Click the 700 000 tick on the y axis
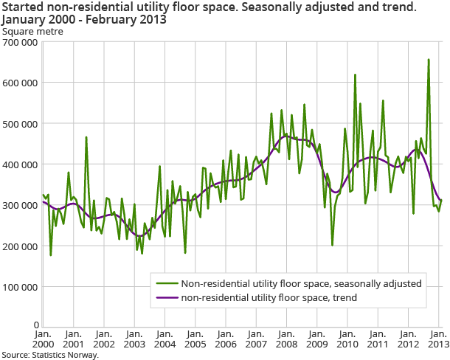click(x=20, y=43)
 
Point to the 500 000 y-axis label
click(x=20, y=123)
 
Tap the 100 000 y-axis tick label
click(x=20, y=285)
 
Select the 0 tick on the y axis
click(x=35, y=325)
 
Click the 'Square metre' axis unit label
click(x=32, y=32)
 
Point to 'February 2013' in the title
click(x=129, y=20)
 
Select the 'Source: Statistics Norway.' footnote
click(x=49, y=355)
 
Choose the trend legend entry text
click(x=269, y=297)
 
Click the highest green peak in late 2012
click(x=429, y=60)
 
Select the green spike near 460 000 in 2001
click(x=86, y=137)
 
